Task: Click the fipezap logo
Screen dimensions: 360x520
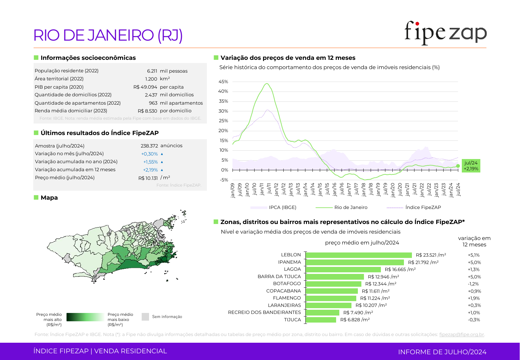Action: pos(445,33)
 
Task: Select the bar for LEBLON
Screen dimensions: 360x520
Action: pos(359,255)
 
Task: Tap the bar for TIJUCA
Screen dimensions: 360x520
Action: pos(321,320)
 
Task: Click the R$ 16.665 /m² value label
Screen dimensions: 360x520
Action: pos(400,269)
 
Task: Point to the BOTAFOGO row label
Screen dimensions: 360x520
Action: pos(287,284)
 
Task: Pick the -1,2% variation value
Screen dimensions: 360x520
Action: pos(473,284)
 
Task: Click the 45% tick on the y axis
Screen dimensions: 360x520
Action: pos(223,82)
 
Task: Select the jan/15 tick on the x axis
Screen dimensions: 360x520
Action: pos(320,190)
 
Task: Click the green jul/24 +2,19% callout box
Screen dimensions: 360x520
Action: pos(471,166)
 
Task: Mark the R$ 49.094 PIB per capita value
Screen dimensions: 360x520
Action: pos(145,87)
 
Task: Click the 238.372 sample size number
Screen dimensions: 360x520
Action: pos(149,146)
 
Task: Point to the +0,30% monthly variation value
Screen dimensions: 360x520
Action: pos(150,154)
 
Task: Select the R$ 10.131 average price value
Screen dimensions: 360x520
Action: pos(148,178)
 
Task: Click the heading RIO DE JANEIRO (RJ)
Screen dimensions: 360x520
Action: pos(108,35)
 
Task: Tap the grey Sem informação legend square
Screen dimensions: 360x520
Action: pos(145,317)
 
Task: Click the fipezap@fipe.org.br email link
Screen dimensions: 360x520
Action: pos(461,334)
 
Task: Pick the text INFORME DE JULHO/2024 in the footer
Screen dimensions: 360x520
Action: pos(442,352)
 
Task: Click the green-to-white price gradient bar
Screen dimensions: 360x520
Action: pos(85,317)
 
